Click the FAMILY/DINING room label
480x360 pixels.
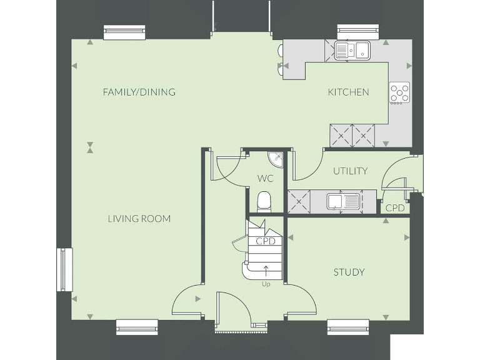point(139,92)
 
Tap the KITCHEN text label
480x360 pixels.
point(348,92)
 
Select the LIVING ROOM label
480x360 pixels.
point(139,219)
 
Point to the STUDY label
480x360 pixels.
point(349,272)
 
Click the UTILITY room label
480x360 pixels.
point(350,171)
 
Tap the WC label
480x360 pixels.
point(265,178)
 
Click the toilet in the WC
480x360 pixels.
point(264,201)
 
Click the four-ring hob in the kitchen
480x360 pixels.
point(400,93)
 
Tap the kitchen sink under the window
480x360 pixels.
point(352,50)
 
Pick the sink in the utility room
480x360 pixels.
point(342,201)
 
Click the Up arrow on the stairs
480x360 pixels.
point(266,271)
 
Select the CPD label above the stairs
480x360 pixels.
point(266,241)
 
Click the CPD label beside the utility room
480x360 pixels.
point(394,207)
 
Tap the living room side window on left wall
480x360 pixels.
point(65,269)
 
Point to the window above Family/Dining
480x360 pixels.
point(124,32)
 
